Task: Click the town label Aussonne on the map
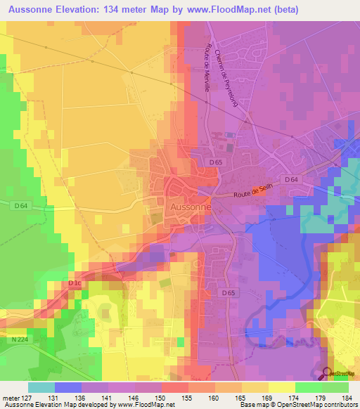click(x=191, y=207)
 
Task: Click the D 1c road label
click(x=75, y=283)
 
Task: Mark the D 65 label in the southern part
click(x=226, y=292)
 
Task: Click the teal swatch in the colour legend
click(x=41, y=387)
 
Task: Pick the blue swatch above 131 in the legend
click(x=68, y=387)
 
